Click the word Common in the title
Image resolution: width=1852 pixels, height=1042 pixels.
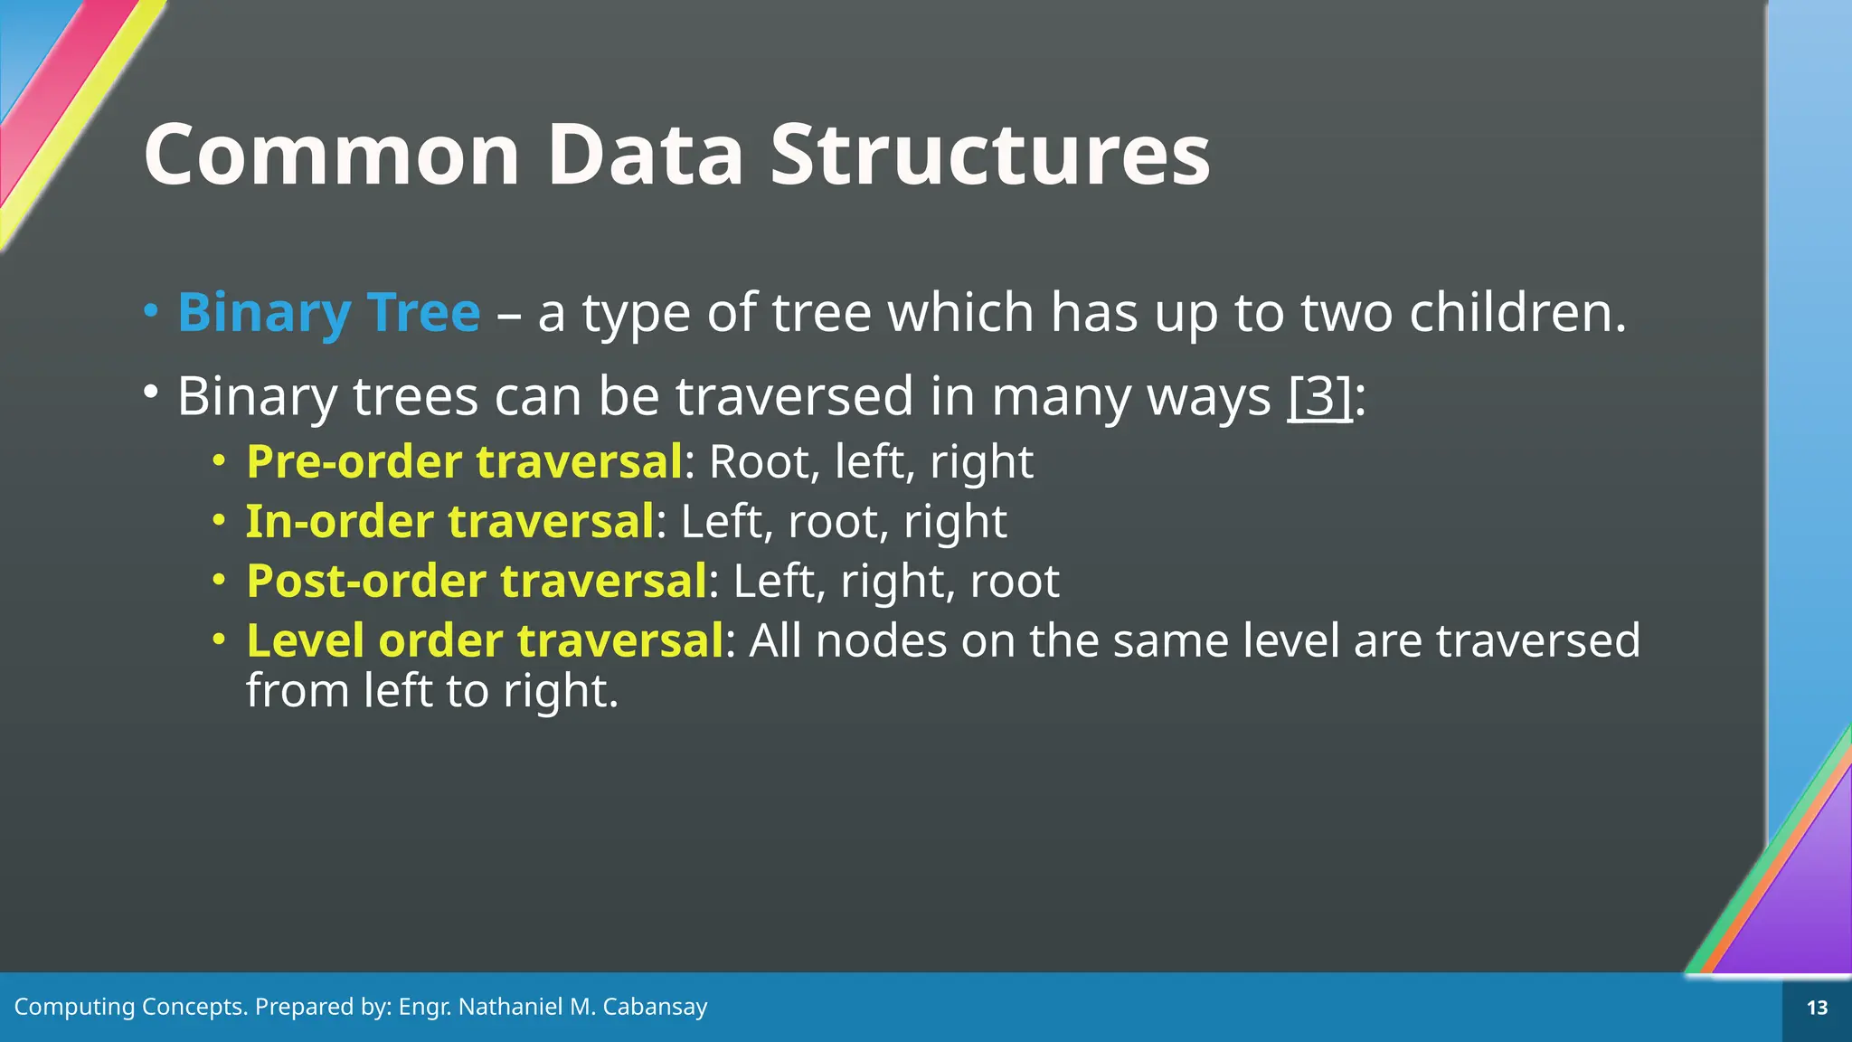tap(332, 155)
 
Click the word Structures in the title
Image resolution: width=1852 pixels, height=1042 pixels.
tap(989, 155)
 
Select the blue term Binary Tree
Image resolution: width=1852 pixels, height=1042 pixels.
tap(328, 313)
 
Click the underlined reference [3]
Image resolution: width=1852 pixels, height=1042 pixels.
tap(1319, 396)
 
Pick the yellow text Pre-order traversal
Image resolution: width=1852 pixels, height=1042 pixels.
tap(464, 461)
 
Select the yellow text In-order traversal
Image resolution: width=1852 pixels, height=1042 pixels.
tap(449, 521)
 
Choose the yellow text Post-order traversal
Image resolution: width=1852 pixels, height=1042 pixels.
tap(476, 581)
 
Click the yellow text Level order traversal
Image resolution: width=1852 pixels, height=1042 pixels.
tap(484, 640)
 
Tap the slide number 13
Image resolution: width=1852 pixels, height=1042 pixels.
tap(1817, 1008)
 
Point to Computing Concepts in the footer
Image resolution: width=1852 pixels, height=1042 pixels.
tap(130, 1007)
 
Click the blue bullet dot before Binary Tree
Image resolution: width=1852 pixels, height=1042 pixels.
tap(151, 311)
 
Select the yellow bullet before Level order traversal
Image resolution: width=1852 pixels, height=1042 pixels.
tap(218, 639)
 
